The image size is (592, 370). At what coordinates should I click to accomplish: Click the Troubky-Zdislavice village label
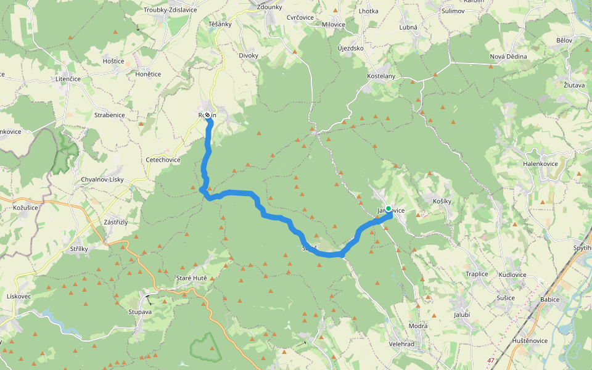coord(171,10)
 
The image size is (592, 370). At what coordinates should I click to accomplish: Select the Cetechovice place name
coord(163,160)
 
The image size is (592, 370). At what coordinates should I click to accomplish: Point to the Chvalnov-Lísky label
coord(102,179)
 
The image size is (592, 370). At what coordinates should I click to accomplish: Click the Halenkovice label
coord(540,163)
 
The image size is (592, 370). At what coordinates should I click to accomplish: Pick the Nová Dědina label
coord(508,57)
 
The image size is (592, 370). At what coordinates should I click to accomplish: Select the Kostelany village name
coord(380,76)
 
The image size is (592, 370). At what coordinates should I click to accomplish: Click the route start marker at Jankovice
coord(388,208)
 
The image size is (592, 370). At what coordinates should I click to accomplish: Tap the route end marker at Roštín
coord(208,115)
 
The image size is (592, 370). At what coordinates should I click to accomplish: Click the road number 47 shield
coord(491,360)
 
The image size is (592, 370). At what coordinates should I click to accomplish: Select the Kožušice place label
coord(25,208)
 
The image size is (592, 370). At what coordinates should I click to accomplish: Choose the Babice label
coord(549,300)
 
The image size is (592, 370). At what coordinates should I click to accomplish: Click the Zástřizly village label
coord(115,222)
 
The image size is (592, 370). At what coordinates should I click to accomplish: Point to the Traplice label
coord(477,274)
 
